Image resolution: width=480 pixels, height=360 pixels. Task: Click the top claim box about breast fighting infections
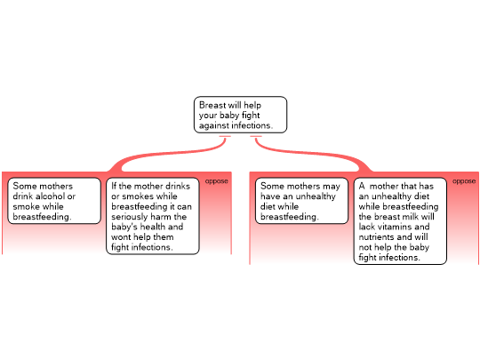point(240,115)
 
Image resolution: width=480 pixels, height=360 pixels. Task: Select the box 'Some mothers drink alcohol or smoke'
point(54,201)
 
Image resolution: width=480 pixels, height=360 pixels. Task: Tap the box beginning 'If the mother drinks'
point(153,216)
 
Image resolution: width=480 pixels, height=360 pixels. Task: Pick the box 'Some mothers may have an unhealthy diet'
point(301,201)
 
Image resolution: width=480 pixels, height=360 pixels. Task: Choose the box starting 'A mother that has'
point(400,221)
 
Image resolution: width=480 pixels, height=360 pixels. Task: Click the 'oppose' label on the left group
point(216,181)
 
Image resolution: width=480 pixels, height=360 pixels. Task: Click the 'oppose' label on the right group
point(464,181)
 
